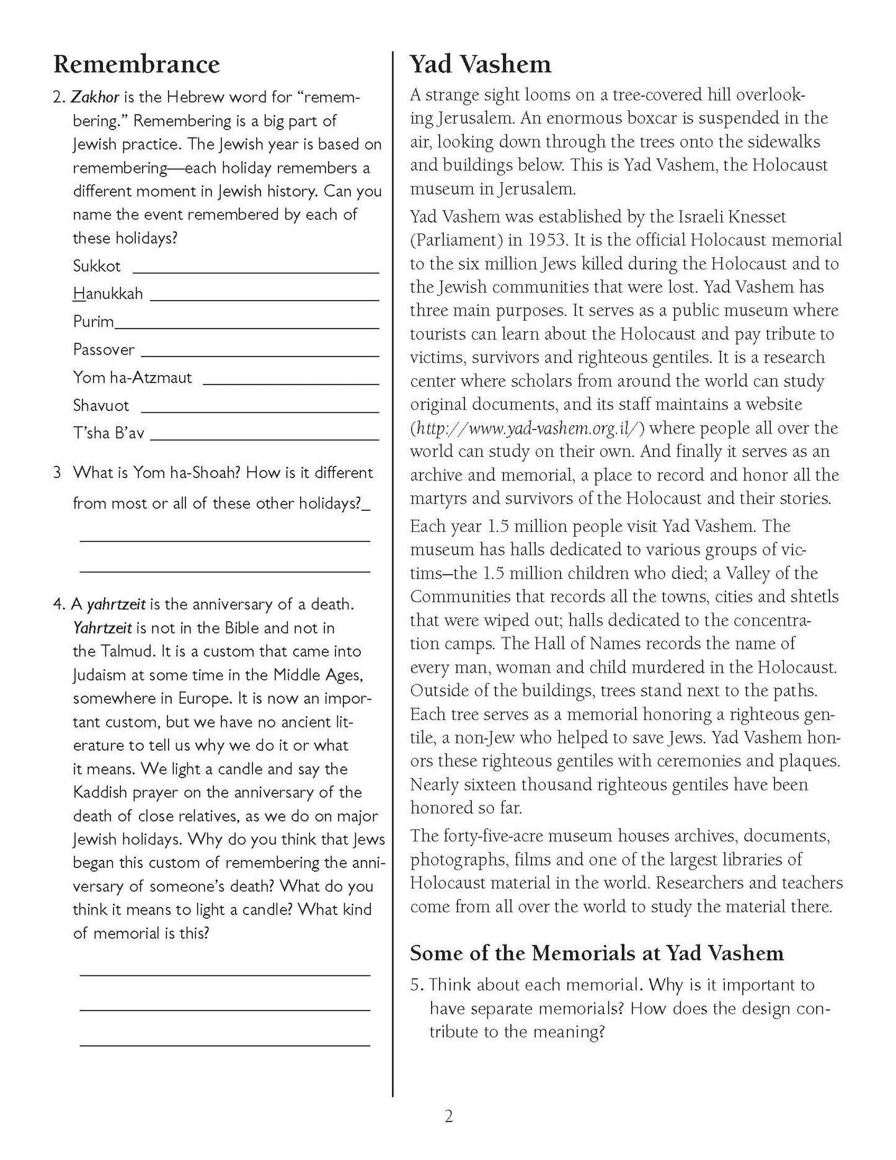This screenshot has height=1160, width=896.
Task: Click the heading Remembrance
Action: pos(136,64)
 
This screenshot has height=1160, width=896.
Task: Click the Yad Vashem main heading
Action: pos(480,64)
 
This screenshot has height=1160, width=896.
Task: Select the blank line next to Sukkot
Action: pos(255,272)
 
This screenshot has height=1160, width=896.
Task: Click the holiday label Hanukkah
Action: pos(108,293)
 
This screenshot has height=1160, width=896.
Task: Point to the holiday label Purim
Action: pos(94,322)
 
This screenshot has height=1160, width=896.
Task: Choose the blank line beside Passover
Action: pos(260,356)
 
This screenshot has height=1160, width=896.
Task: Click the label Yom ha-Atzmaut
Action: pos(133,378)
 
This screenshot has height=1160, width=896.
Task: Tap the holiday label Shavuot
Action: pos(101,405)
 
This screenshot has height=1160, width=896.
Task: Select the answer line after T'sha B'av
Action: pos(264,439)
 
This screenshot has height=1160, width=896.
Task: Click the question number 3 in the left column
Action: pos(57,473)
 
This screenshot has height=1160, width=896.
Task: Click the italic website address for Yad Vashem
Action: pos(528,428)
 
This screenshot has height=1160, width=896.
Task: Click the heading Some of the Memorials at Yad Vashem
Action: pos(597,952)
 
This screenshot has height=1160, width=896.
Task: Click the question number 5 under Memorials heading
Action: pos(416,985)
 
